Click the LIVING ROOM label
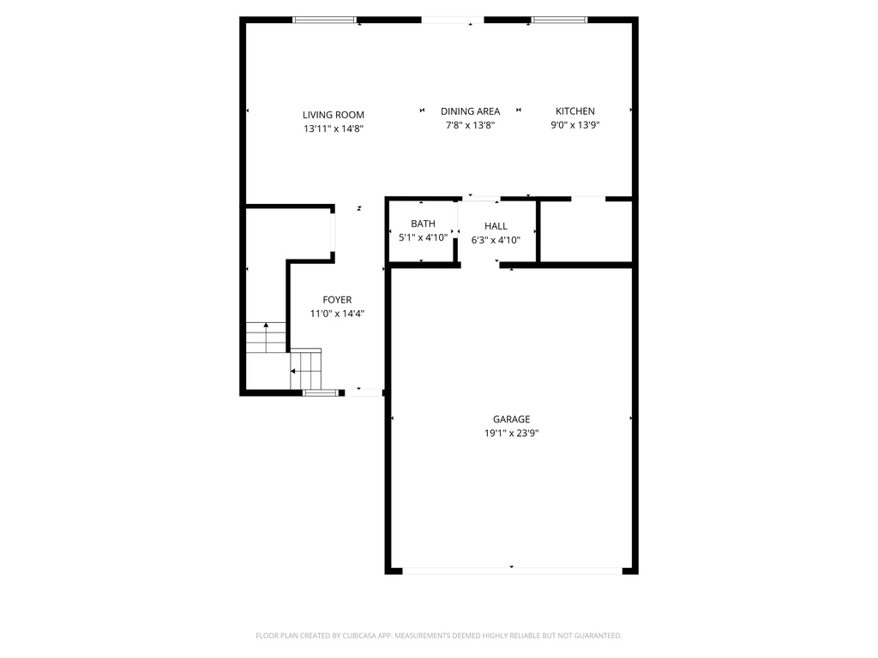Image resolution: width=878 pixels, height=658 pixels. [333, 115]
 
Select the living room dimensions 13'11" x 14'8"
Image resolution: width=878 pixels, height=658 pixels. [333, 129]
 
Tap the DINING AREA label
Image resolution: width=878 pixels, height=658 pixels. [470, 111]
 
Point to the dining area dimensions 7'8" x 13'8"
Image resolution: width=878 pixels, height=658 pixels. [470, 125]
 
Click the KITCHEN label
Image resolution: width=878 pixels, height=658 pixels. [574, 111]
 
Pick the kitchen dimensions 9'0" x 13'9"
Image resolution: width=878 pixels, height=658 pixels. [574, 125]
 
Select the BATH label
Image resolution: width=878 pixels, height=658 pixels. [423, 224]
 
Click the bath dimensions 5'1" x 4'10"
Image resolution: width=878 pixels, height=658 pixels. [423, 237]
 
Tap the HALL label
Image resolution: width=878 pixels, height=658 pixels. [496, 226]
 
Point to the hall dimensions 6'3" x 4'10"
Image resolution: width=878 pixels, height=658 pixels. [496, 240]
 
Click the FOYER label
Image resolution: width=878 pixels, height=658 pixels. [337, 300]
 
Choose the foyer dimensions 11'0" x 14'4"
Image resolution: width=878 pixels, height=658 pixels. [337, 314]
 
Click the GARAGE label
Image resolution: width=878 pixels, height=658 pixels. [511, 420]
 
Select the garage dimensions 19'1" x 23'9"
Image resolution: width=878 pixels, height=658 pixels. [511, 434]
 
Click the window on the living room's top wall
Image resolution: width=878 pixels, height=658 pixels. [325, 20]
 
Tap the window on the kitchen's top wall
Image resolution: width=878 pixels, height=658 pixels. [559, 20]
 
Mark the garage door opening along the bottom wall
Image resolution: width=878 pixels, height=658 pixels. [512, 570]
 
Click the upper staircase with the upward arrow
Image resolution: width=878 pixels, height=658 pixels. [265, 338]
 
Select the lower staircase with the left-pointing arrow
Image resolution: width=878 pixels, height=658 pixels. [305, 368]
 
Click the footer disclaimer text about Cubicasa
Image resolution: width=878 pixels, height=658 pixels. [438, 636]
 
